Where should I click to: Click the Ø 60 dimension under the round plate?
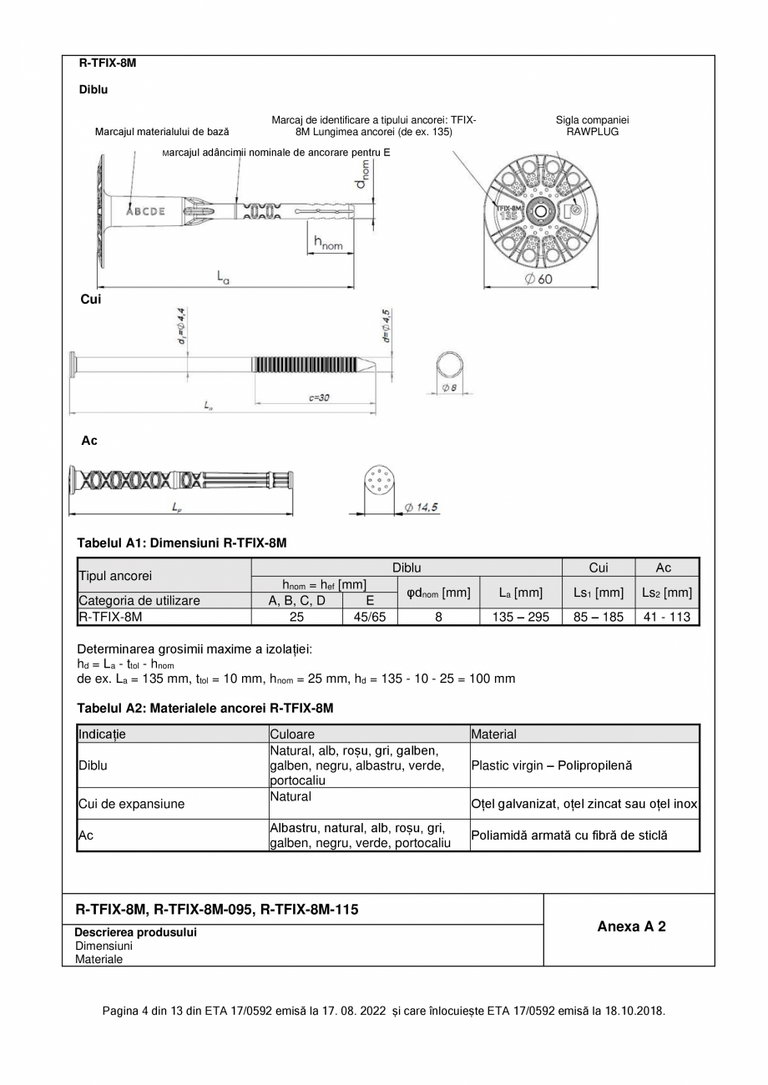point(538,280)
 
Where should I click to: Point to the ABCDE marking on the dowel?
point(145,211)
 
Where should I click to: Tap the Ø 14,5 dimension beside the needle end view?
point(422,507)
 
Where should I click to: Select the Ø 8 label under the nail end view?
point(448,388)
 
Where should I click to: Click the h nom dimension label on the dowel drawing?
point(328,244)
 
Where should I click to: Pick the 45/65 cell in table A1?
point(370,618)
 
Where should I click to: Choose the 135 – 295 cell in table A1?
point(521,618)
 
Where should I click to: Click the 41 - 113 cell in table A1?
point(667,618)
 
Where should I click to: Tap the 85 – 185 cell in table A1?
point(599,618)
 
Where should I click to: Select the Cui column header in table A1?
point(599,568)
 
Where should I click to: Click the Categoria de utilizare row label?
point(139,600)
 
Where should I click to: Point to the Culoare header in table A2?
point(292,734)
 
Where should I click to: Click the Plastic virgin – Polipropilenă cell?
point(552,765)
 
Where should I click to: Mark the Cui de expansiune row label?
point(131,805)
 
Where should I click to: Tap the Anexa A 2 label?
point(631,926)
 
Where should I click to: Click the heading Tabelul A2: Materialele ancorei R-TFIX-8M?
point(205,708)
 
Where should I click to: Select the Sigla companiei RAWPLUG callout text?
point(592,126)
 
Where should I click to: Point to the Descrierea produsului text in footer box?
point(136,932)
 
